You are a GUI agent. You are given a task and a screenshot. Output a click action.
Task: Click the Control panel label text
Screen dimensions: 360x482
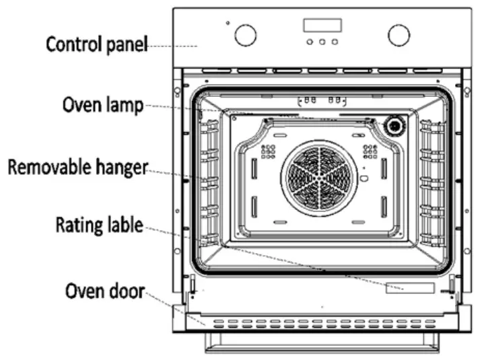(96, 45)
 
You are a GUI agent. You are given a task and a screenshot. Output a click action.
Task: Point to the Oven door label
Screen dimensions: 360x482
(104, 292)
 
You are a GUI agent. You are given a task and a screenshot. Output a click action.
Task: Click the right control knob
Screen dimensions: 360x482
(399, 35)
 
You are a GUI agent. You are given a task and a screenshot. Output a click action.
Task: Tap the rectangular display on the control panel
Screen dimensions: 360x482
(322, 26)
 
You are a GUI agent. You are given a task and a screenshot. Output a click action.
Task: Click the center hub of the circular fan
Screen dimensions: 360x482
(318, 181)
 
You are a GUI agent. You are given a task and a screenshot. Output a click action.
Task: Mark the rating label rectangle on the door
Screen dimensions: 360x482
(409, 287)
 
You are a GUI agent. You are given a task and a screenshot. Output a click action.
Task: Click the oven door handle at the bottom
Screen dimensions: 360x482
(322, 345)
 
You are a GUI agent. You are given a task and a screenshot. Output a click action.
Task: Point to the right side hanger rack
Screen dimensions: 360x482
(432, 182)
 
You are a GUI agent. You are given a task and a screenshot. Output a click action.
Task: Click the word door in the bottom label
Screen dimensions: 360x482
(126, 292)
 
